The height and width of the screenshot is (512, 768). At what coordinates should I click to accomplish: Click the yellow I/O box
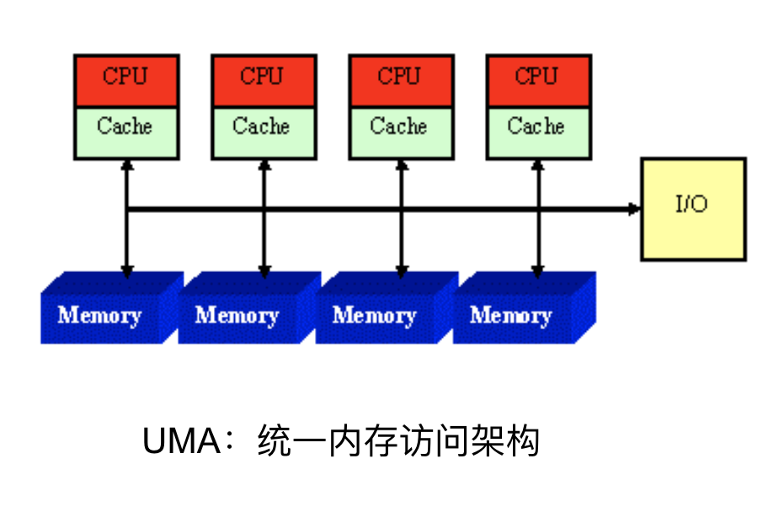point(693,208)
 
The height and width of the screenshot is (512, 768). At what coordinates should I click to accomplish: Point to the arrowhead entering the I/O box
point(634,208)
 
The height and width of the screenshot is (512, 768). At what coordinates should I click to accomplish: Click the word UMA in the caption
point(181,440)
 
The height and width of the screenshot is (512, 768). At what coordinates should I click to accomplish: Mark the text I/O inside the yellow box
point(691,205)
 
